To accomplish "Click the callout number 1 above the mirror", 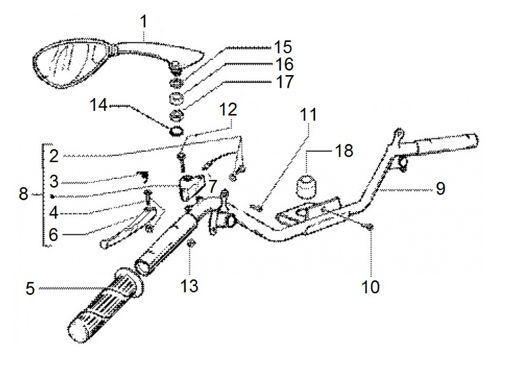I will coord(144,22).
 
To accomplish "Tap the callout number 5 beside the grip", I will coord(30,289).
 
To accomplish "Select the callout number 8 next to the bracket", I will coord(23,194).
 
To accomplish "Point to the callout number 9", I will coord(440,188).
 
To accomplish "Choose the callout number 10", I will coord(370,287).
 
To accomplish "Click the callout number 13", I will coord(189,286).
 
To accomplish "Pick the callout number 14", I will coord(98,105).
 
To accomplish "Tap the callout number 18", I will coord(344,151).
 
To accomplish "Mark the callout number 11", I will coord(308,115).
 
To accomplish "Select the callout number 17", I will coord(285,82).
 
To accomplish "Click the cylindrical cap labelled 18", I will coord(306,186).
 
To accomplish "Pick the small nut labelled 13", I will coord(190,243).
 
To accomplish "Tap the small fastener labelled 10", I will coord(369,227).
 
